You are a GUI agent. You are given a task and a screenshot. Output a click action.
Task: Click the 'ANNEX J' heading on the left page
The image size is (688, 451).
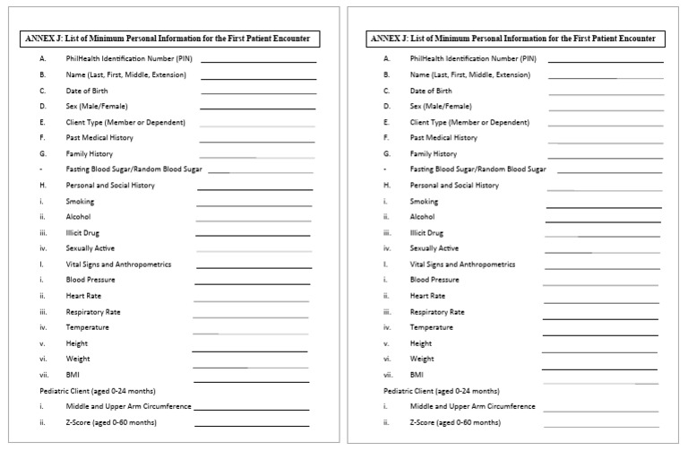170,39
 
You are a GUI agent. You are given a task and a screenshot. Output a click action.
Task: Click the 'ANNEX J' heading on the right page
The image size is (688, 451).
512,39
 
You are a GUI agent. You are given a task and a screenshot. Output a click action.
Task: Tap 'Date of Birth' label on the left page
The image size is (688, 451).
88,91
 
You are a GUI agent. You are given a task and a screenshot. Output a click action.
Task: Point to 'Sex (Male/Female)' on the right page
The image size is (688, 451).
441,107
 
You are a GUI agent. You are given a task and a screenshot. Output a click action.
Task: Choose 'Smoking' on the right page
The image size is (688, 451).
423,202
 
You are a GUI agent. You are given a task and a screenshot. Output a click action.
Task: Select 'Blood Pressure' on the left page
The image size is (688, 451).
90,280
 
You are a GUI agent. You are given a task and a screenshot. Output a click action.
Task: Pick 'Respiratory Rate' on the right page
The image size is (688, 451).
437,312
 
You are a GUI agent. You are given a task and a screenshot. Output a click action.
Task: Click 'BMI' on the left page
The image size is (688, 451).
73,374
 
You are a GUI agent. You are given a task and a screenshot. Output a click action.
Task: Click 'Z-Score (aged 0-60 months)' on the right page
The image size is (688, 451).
455,421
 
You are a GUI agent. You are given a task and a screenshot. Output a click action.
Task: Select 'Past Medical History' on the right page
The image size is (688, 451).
443,138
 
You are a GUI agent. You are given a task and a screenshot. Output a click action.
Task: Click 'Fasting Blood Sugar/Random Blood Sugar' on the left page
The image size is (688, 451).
133,169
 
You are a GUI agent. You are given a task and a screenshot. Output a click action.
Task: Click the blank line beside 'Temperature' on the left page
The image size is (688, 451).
250,334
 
